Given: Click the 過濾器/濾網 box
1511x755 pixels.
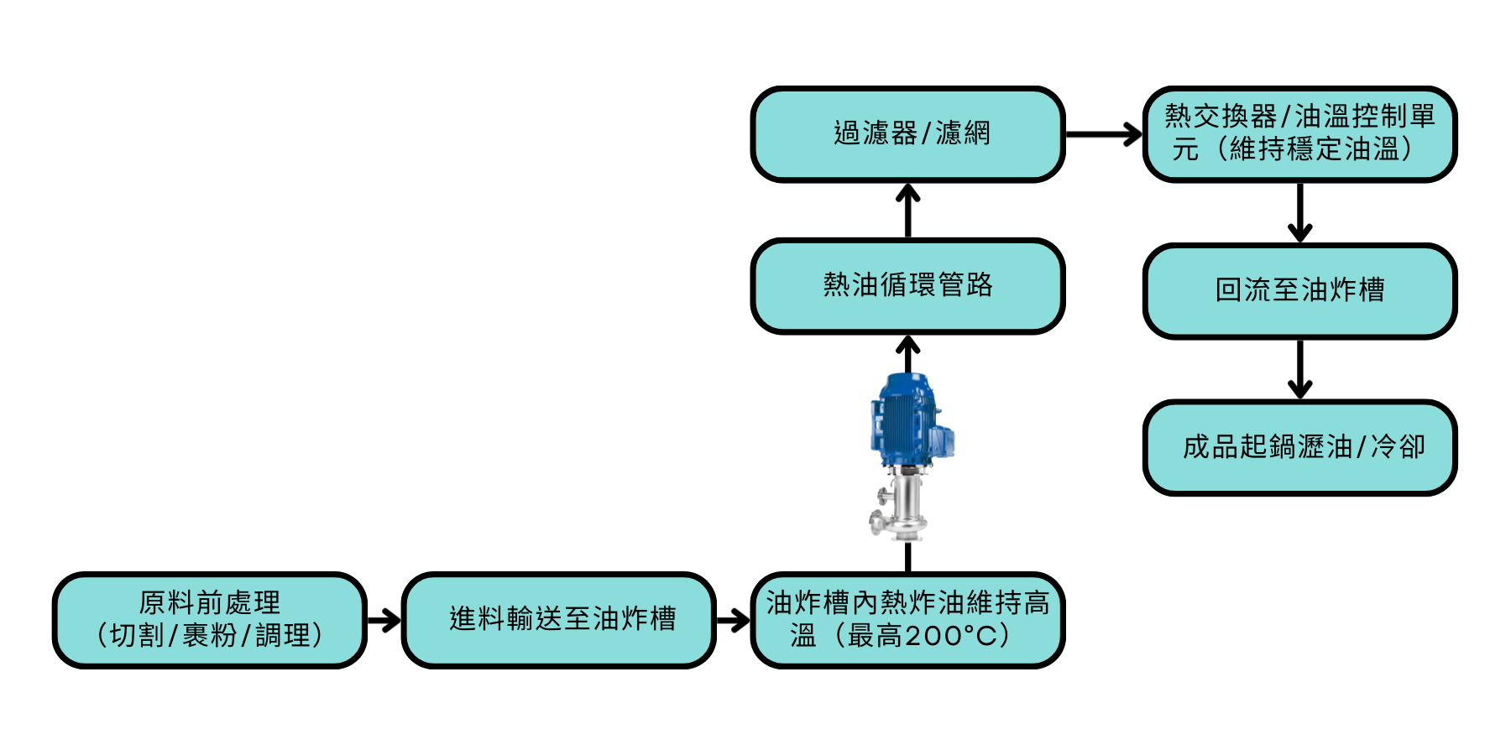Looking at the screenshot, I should click(x=907, y=133).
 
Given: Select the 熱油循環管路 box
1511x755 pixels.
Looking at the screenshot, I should click(x=907, y=285).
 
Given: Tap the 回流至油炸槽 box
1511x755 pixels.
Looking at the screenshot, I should click(x=1299, y=290).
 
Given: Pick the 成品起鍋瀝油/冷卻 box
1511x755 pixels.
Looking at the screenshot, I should click(x=1299, y=447).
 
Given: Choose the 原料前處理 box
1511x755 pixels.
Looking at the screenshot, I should click(x=209, y=620).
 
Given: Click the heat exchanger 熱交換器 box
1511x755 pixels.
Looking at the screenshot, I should click(x=1299, y=133).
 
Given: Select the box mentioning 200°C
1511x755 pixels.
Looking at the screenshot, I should click(x=907, y=620).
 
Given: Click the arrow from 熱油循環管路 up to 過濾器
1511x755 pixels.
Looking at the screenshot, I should click(x=907, y=210).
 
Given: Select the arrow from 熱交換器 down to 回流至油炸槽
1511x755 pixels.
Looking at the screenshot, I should click(x=1299, y=213).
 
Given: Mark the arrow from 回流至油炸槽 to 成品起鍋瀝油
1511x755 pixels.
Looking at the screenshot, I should click(x=1299, y=369).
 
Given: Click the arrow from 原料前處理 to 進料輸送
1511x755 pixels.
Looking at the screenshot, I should click(x=384, y=621).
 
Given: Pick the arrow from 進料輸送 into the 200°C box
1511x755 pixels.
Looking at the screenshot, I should click(x=733, y=621).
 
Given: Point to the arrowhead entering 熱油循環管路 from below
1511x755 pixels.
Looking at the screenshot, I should click(x=907, y=344).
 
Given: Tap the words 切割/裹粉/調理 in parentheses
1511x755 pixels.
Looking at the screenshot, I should click(x=209, y=636).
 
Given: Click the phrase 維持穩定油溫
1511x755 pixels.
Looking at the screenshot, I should click(x=1314, y=150).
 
